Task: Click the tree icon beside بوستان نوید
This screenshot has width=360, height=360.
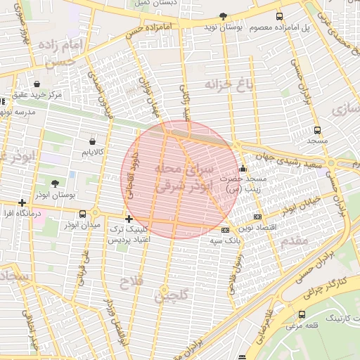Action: tap(224, 15)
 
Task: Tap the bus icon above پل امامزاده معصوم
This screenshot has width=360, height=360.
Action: tap(280, 16)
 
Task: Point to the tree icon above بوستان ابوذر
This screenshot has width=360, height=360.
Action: tap(56, 183)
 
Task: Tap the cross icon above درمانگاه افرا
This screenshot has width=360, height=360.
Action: tap(23, 202)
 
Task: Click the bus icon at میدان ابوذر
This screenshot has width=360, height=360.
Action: tap(83, 214)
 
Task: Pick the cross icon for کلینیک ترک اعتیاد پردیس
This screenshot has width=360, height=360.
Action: tap(128, 219)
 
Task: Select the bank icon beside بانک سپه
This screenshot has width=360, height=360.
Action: tap(225, 230)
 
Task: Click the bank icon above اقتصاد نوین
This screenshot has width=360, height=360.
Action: tap(257, 217)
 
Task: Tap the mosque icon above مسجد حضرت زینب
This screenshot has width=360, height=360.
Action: tap(243, 169)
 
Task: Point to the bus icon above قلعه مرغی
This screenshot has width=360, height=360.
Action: tap(302, 314)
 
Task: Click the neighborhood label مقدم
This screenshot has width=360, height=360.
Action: tap(293, 241)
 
